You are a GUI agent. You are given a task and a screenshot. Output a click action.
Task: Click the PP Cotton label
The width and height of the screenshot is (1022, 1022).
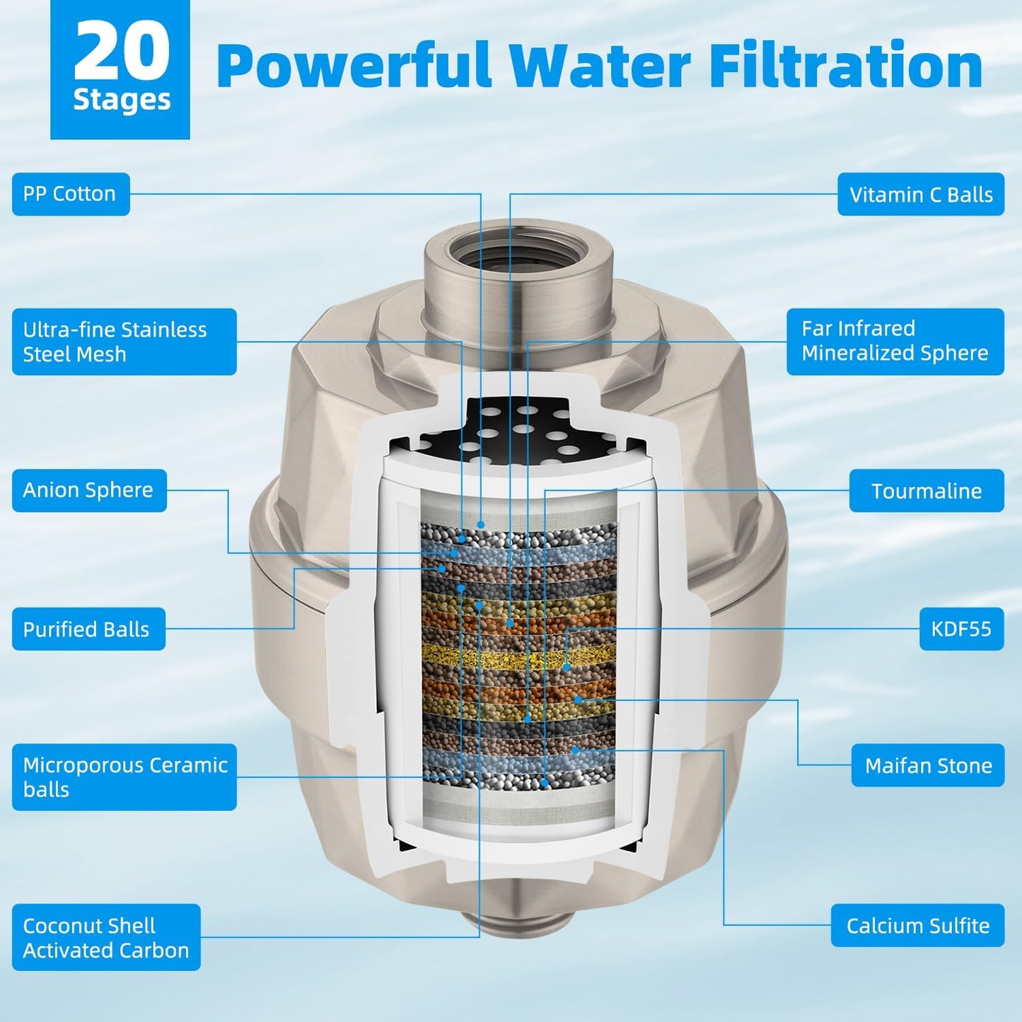pos(71,194)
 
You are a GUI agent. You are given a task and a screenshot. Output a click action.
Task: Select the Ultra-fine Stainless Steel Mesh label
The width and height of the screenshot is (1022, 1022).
pos(124,342)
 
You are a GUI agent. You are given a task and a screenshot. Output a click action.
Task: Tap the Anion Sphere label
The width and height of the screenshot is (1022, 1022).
pos(89,490)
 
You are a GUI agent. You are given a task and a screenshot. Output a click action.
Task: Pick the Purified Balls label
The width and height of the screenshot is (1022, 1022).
pos(88,629)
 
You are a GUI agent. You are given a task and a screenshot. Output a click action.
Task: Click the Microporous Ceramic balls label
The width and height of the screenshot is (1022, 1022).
pos(124,777)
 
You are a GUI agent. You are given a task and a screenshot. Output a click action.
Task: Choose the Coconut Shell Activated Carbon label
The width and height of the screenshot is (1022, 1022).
pos(106,937)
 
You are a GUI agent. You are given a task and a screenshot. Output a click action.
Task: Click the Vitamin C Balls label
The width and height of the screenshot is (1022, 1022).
pos(921,194)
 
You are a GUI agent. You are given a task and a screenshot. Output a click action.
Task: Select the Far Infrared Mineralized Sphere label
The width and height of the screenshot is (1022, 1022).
pos(895,342)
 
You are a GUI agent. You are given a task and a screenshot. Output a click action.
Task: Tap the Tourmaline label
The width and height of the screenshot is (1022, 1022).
pos(927,491)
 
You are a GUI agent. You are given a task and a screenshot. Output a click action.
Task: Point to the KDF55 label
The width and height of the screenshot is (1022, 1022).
pos(961,629)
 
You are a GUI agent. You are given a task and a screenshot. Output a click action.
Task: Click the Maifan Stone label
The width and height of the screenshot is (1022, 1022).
pos(928,765)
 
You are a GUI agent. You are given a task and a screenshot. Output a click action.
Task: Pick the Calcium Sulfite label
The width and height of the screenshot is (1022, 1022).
pos(917,925)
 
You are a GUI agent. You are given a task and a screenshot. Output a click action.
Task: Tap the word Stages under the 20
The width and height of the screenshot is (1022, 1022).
pos(122,100)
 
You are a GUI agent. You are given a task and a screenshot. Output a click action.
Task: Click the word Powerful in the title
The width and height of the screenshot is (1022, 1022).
pos(354,65)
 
